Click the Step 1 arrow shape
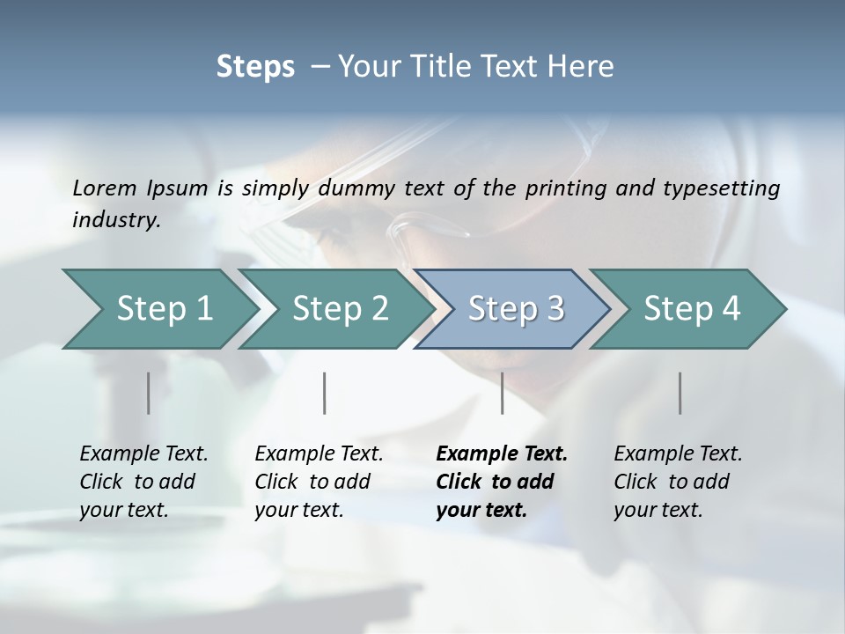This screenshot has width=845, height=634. coord(158,309)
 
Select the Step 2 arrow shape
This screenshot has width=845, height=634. coord(339,309)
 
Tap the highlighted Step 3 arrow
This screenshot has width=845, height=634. coord(515,309)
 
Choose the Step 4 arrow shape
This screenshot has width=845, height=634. coord(691,309)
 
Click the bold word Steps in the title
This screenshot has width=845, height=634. coord(255,67)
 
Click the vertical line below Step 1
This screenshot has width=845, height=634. coord(148,393)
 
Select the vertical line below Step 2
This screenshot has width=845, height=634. coord(325,393)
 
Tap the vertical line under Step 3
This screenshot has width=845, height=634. coord(502,393)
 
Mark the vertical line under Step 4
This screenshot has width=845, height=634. coord(680,393)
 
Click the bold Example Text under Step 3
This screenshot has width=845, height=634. coord(502,454)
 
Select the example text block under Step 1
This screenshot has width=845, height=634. coord(143,482)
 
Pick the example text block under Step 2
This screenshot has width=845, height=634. coord(319,482)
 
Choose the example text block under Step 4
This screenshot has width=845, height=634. coord(678,482)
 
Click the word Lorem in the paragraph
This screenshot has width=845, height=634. coord(105,188)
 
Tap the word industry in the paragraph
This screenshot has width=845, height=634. coord(116,219)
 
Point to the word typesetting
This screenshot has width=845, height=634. coord(726,188)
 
